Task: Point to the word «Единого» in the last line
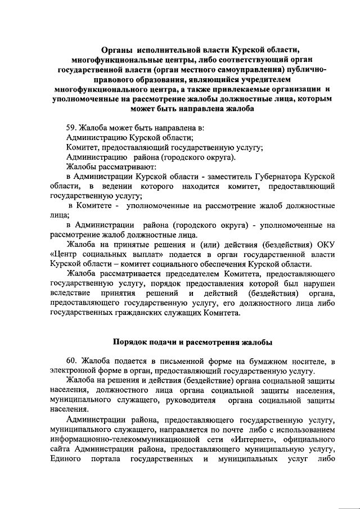[66, 459]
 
